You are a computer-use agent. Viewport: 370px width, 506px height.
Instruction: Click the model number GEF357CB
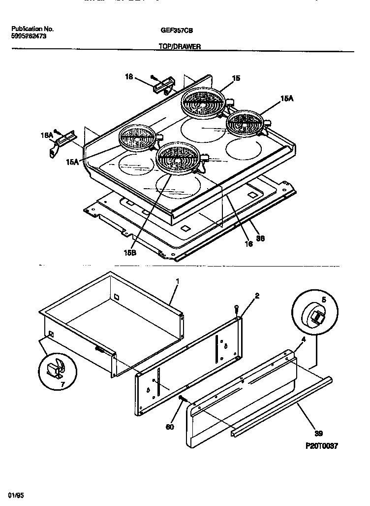coord(177,30)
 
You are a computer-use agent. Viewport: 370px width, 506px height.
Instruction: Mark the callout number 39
coord(318,434)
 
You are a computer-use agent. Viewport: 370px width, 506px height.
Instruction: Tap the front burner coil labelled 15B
coord(177,158)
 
